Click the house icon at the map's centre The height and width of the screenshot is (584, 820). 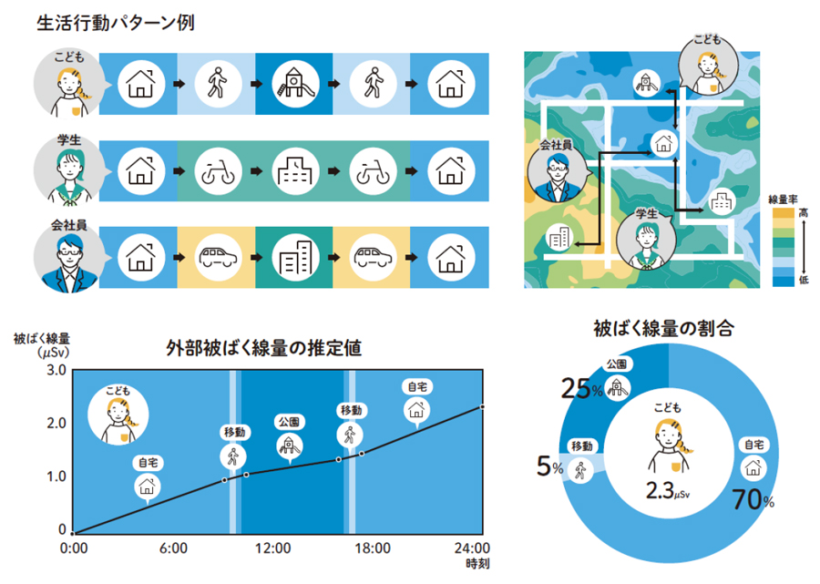point(663,142)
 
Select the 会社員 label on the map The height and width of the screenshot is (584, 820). point(555,145)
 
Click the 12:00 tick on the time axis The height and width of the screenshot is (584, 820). point(272,548)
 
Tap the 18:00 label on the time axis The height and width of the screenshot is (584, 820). point(372,548)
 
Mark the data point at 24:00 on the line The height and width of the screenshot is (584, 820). point(482,407)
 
